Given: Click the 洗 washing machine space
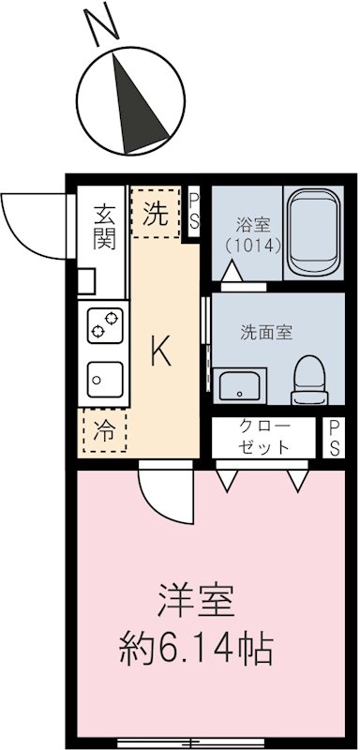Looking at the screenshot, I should [x=157, y=213].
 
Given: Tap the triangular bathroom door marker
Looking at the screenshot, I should [x=232, y=270].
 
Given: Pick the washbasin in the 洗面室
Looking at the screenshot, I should [x=239, y=384].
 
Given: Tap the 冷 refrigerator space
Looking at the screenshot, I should [x=105, y=431].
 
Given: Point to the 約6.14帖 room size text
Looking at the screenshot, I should [x=196, y=646].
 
